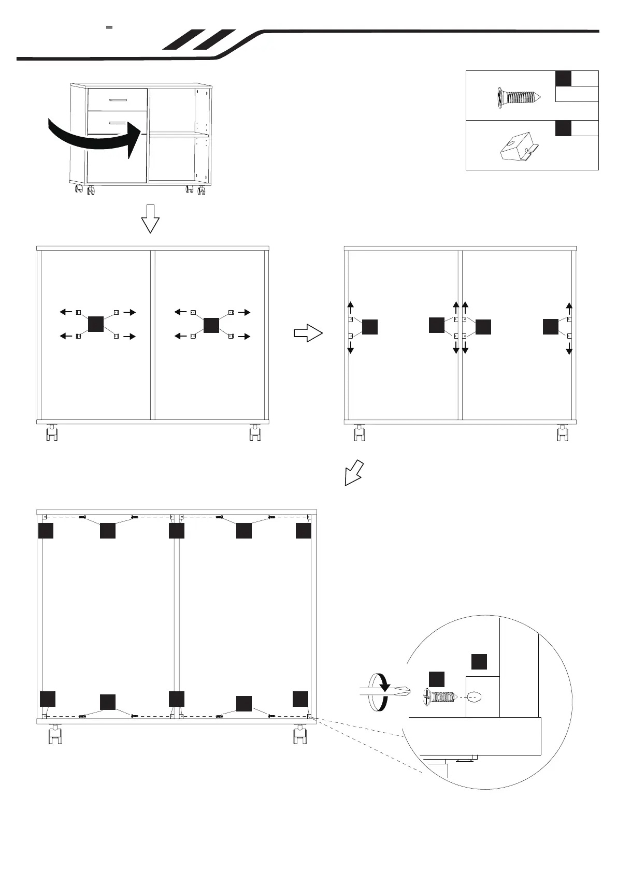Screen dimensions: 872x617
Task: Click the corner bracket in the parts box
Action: pos(518,146)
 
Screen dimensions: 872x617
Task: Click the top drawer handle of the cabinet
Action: pos(117,99)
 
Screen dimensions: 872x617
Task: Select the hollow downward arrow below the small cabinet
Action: pos(150,218)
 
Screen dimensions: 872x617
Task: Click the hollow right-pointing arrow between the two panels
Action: pos(308,333)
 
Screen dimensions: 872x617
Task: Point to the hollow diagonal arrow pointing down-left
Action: pos(354,472)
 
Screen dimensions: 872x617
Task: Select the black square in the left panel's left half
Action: pos(96,324)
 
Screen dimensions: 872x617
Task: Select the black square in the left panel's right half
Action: pos(211,325)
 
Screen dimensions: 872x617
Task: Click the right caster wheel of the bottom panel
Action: pos(299,735)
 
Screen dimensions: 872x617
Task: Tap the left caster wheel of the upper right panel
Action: pos(359,433)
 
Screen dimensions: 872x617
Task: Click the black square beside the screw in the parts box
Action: pos(563,79)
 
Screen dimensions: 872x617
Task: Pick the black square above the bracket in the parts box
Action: pos(563,128)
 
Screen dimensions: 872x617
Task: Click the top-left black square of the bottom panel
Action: pos(46,531)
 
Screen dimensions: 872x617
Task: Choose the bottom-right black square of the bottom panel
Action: pos(300,699)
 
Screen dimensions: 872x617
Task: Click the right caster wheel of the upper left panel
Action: pos(254,433)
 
